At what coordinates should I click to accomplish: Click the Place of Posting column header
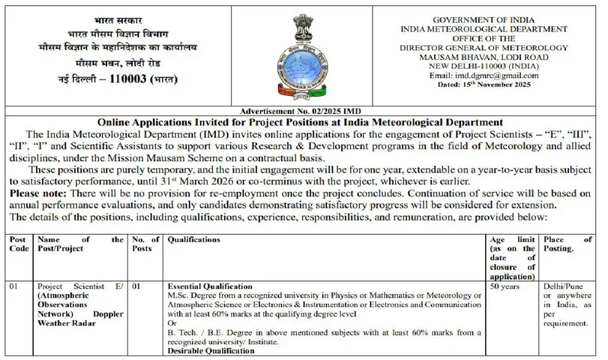pyautogui.click(x=568, y=244)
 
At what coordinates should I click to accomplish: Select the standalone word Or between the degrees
pyautogui.click(x=172, y=323)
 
